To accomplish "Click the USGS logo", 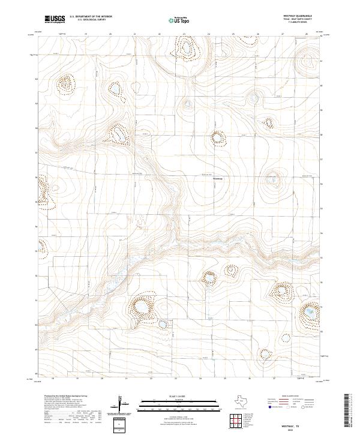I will pyautogui.click(x=55, y=19).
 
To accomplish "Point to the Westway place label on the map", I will pyautogui.click(x=218, y=178).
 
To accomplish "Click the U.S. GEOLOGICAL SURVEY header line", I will pyautogui.click(x=85, y=19).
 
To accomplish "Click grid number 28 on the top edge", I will pyautogui.click(x=306, y=34).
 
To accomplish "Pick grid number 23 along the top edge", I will pyautogui.click(x=183, y=34).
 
